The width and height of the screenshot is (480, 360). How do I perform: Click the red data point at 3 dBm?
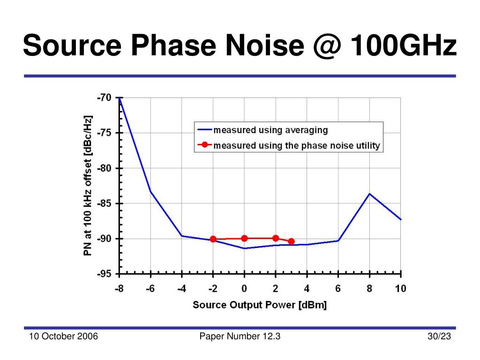pos(291,241)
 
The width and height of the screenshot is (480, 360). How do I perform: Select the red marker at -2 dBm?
pos(213,239)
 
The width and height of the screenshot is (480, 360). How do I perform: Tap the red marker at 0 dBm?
pos(244,238)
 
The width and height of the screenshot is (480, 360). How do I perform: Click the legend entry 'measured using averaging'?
pos(270,130)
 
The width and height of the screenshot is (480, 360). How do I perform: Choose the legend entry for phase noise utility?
pos(296,145)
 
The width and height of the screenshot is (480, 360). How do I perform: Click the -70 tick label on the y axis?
pos(104,98)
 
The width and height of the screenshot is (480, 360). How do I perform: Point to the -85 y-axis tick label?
pos(104,203)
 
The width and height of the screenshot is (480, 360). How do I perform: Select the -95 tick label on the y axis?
pos(104,274)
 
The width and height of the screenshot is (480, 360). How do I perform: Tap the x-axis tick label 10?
pos(400,289)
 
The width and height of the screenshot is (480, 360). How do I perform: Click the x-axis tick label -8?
pos(119,289)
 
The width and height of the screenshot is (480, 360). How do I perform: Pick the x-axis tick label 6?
pos(338,289)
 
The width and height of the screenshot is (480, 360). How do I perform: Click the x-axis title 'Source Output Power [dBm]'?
pos(260,305)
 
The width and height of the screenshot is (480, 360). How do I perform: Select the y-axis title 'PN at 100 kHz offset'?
pos(88,186)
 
